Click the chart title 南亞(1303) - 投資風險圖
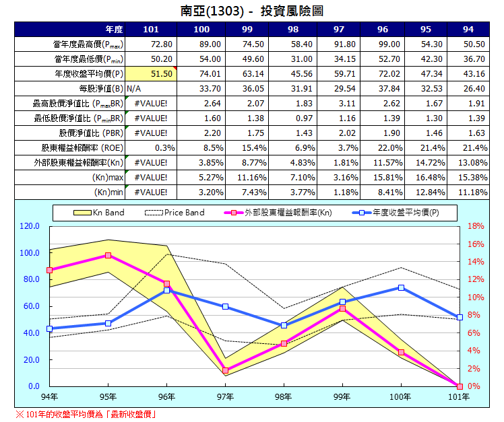(x=252, y=11)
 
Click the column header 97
(x=339, y=30)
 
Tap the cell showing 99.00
(x=383, y=44)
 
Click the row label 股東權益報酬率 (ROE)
(x=79, y=148)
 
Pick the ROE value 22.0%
(x=383, y=148)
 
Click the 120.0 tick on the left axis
(x=30, y=226)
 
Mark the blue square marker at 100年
(x=401, y=287)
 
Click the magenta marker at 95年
(x=108, y=256)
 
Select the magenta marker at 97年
(x=225, y=370)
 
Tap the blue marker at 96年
(x=166, y=290)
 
